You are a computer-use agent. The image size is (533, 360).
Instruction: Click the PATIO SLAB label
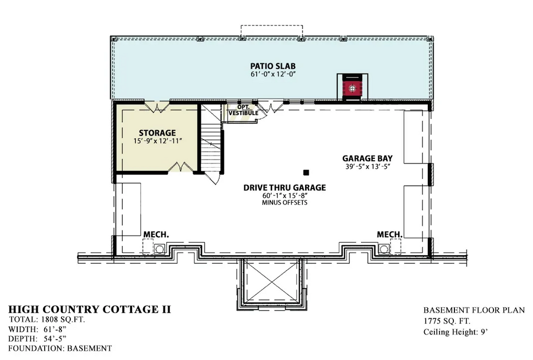tap(273, 66)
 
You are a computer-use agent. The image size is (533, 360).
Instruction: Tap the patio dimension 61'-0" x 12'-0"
tap(273, 75)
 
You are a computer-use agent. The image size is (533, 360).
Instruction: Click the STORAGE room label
tap(157, 133)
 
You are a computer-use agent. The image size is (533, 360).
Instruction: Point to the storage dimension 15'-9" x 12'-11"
tap(157, 142)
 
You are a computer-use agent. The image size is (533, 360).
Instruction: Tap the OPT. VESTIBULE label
tap(243, 110)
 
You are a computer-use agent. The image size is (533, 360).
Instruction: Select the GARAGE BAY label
tap(367, 158)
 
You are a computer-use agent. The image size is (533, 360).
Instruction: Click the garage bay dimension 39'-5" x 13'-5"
tap(367, 167)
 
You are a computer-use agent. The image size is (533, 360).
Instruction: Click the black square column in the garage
tap(307, 172)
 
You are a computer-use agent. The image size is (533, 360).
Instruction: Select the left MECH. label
tap(156, 235)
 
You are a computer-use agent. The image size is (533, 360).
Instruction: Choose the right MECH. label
tap(390, 235)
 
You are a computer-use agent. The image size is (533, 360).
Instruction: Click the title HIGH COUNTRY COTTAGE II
tap(90, 309)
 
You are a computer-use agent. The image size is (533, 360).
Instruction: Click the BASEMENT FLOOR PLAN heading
tap(474, 309)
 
